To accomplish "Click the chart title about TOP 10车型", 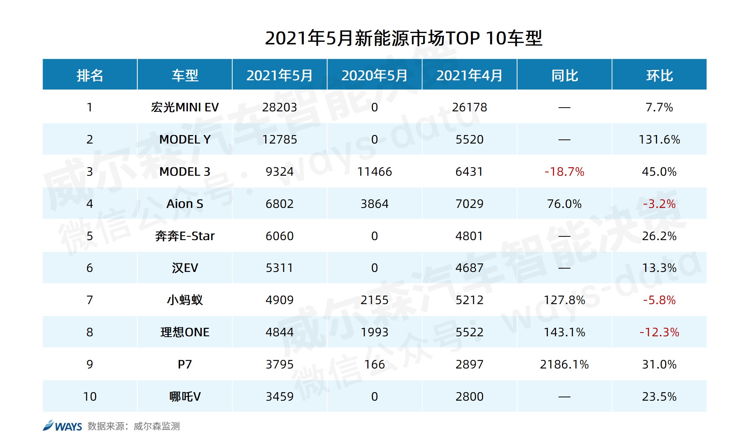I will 404,38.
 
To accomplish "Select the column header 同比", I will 564,75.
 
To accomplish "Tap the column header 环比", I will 659,75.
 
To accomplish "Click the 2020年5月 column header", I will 374,75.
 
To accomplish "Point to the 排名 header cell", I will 90,75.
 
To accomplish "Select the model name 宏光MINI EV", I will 185,107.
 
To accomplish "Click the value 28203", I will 279,107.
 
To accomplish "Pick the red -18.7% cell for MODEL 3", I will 564,172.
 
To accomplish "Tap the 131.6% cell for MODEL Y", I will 659,139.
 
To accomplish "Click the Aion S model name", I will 185,204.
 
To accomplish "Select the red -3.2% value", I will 659,204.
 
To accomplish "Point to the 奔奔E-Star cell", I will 185,236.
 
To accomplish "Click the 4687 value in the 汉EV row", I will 469,268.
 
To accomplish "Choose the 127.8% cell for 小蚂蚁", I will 564,300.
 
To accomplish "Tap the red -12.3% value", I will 659,332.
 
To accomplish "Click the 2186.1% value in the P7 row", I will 564,364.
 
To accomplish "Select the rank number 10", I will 90,397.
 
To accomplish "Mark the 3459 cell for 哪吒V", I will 279,397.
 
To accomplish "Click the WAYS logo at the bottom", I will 62,426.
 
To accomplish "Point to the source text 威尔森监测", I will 156,426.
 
